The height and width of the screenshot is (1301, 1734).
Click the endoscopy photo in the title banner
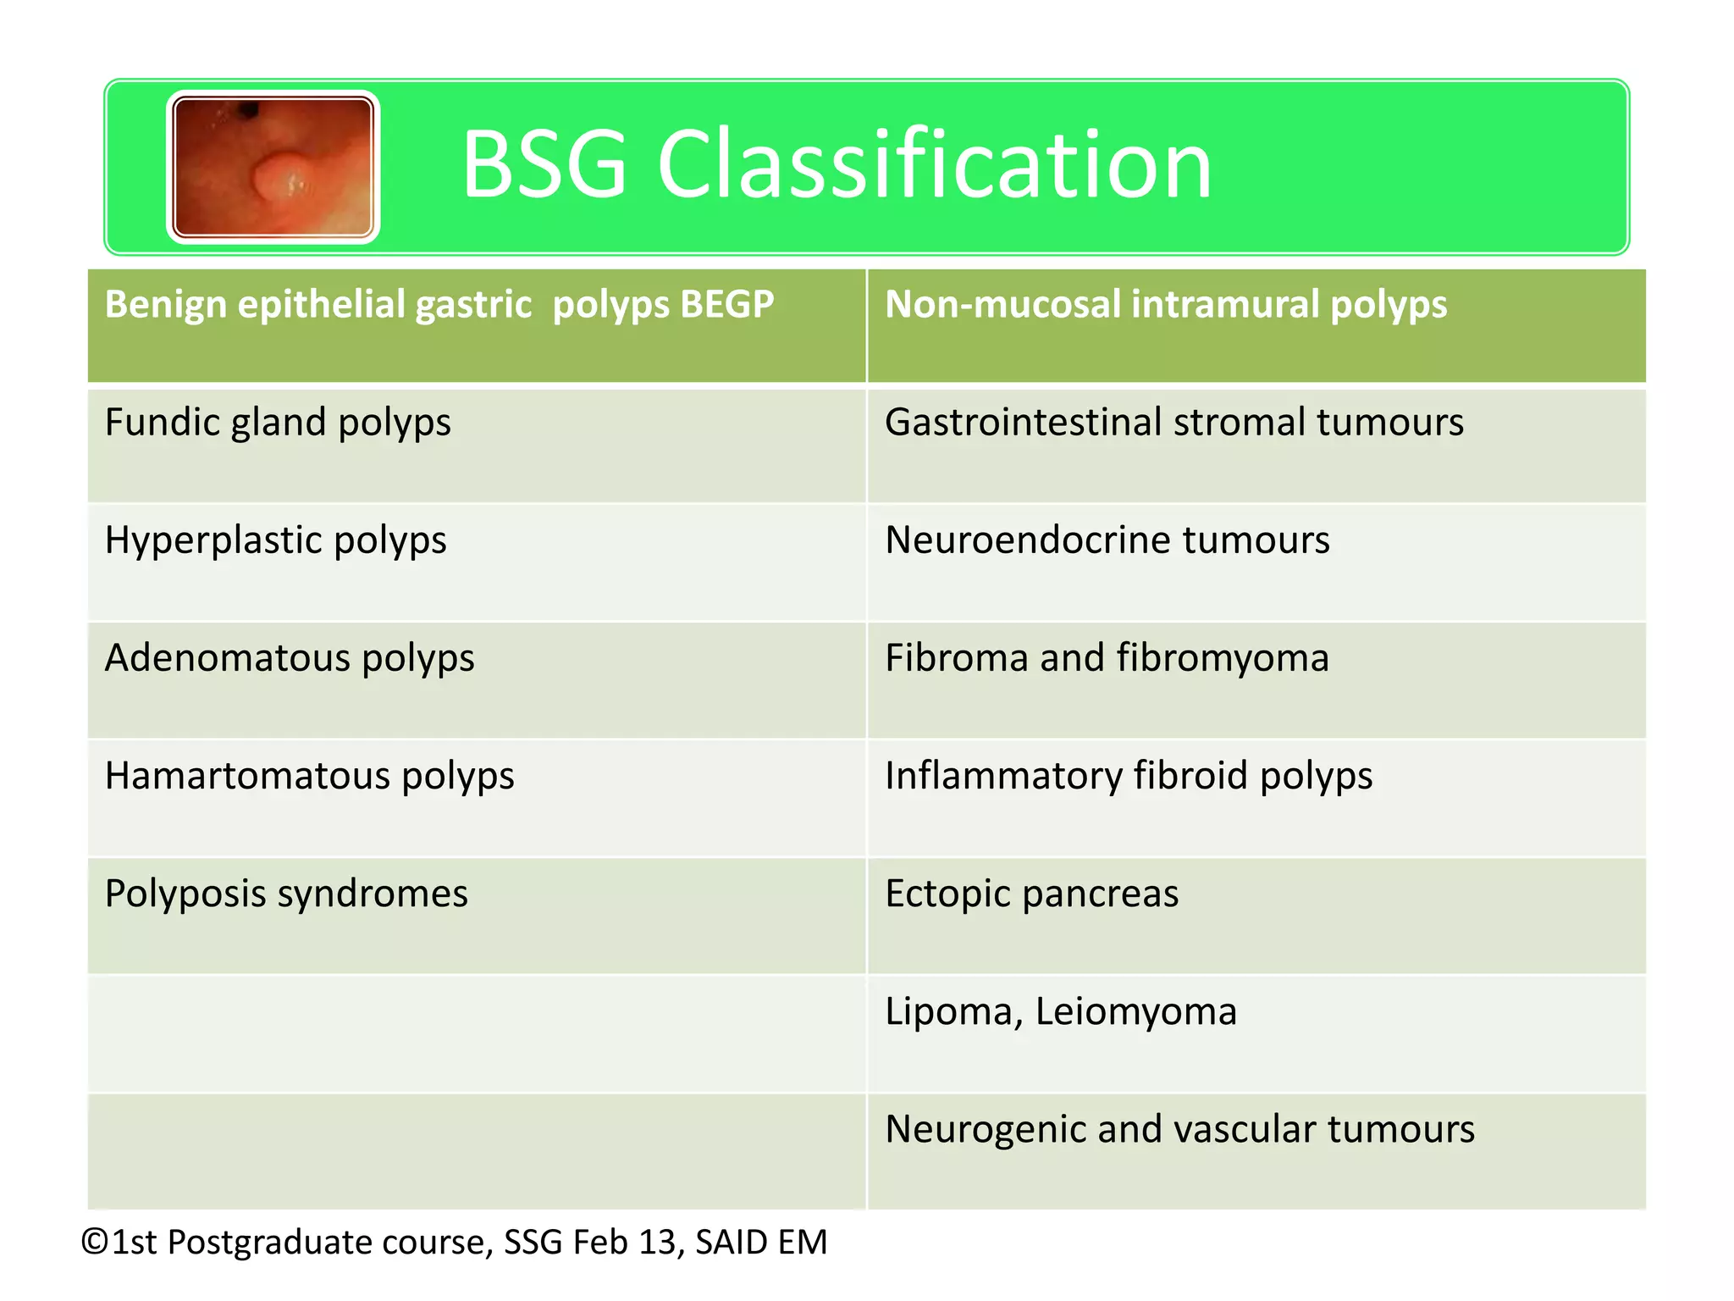coord(273,167)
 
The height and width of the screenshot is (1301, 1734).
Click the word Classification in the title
coord(935,165)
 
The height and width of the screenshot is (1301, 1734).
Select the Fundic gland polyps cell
coord(278,423)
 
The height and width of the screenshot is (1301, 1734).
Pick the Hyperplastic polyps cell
coord(275,540)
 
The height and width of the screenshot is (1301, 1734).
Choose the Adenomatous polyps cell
coord(290,658)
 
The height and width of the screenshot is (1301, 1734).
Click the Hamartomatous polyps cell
coord(309,776)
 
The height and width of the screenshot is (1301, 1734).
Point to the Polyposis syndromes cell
coord(286,894)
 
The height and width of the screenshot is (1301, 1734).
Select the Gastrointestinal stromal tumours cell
coord(1173,423)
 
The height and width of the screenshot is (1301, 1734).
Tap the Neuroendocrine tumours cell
coord(1107,540)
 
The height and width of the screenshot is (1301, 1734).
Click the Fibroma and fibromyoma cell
coord(1107,658)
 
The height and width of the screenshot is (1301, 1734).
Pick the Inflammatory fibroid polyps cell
coord(1128,776)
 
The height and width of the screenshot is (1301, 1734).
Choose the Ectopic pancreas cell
coord(1031,894)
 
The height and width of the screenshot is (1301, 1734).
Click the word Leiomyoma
coord(1135,1011)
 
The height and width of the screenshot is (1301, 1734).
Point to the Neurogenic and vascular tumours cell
coord(1179,1129)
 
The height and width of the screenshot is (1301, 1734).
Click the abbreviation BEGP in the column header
coord(726,304)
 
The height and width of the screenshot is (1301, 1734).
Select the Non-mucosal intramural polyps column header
coord(1165,304)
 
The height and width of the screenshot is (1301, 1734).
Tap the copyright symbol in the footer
coord(95,1243)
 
